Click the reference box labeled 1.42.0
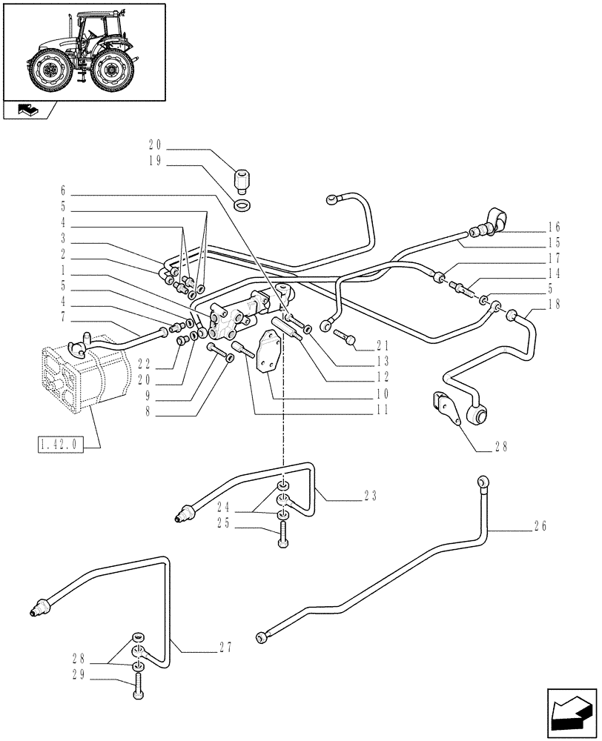click(60, 445)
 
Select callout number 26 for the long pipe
click(539, 526)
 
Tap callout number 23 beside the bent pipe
click(371, 496)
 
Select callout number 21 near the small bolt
click(382, 345)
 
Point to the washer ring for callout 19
click(242, 204)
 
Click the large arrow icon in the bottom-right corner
click(571, 714)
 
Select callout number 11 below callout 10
click(382, 409)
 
